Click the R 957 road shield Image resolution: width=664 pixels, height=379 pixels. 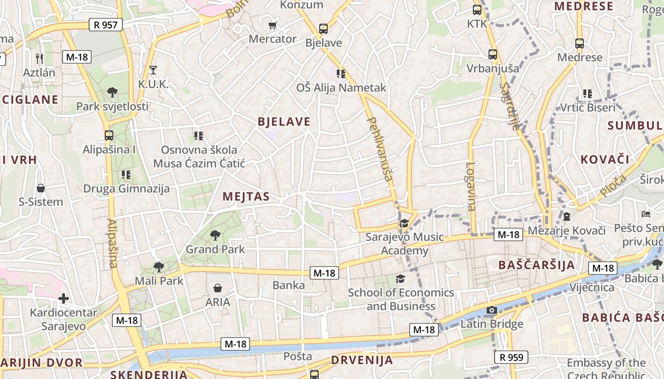(105, 25)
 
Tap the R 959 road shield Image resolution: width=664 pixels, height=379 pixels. (511, 357)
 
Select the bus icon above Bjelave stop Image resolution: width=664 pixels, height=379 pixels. (323, 29)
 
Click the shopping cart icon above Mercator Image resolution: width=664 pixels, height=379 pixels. (272, 25)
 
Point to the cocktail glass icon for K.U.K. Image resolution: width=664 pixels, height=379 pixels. (153, 70)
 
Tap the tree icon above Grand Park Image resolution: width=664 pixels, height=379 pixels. (215, 235)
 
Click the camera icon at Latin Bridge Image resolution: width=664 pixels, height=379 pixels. (492, 310)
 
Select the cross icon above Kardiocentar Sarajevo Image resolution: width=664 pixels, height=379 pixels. (63, 298)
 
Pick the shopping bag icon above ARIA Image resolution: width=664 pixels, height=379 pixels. (218, 288)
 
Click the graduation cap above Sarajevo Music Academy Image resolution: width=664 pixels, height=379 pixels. (404, 223)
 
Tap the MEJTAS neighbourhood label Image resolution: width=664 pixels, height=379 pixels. (246, 197)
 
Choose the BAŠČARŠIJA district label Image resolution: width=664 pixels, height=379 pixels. (536, 264)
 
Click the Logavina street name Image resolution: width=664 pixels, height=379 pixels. (470, 187)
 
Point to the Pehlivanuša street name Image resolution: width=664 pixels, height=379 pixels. (381, 149)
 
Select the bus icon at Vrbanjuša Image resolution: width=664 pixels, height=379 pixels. (493, 54)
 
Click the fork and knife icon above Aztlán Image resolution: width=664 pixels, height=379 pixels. (39, 58)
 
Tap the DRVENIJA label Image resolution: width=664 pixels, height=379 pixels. (362, 360)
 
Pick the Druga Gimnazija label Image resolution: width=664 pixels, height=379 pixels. (126, 189)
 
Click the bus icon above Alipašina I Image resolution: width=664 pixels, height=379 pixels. (109, 135)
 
